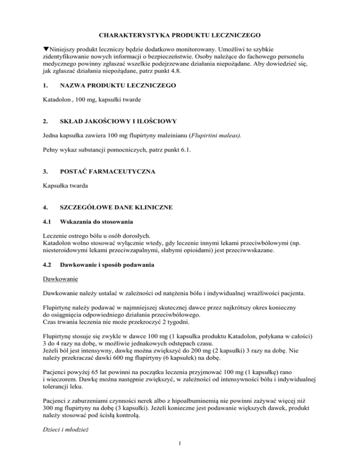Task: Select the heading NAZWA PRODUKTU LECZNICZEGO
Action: pyautogui.click(x=120, y=86)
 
